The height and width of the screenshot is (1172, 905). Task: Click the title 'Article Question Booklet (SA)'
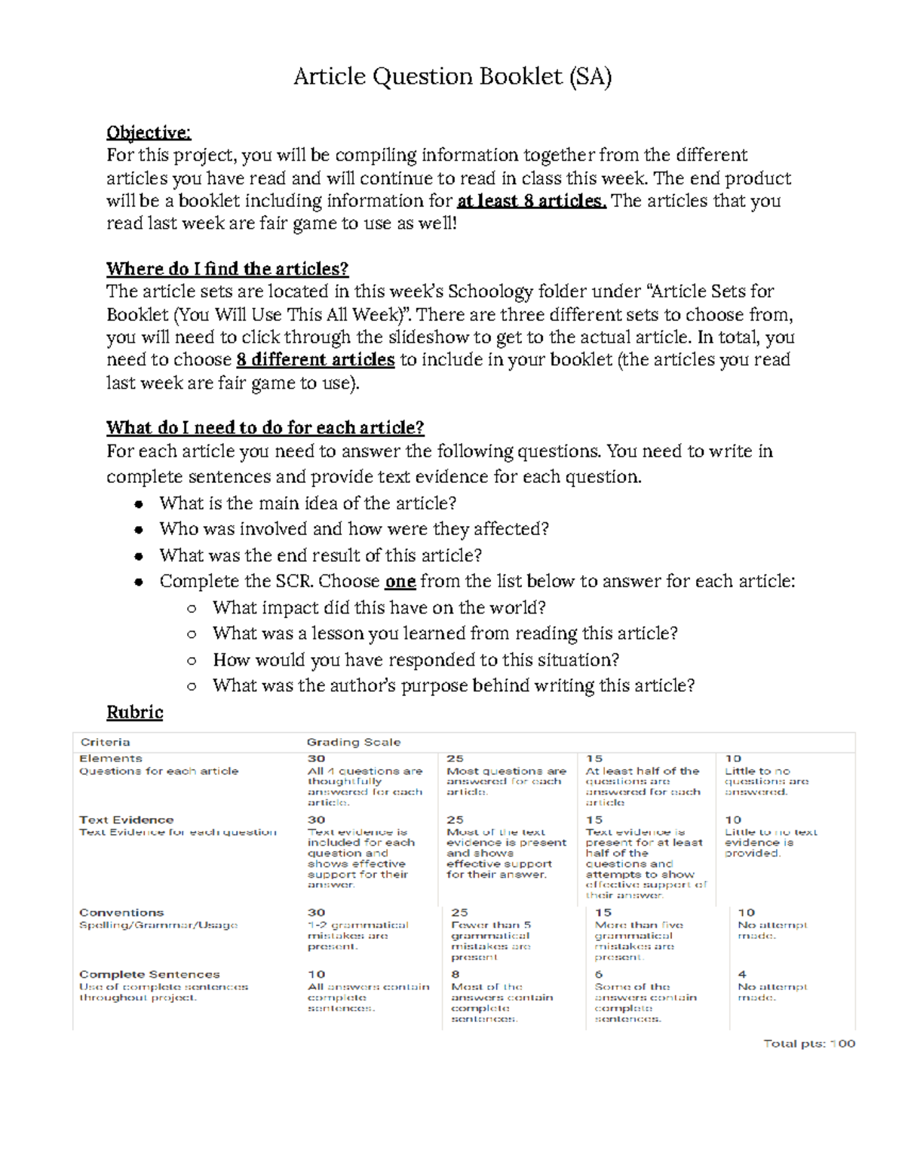point(452,76)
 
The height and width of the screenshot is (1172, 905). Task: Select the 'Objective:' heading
point(149,133)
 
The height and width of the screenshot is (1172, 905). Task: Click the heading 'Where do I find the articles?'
point(227,269)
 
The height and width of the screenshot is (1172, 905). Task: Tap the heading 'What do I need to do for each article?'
point(265,428)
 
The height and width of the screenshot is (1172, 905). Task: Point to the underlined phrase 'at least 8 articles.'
point(531,201)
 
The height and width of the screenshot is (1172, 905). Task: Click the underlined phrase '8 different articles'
point(315,360)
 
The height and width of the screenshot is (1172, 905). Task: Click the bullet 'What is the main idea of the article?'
point(308,503)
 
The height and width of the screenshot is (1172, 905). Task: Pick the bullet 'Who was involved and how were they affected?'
point(354,529)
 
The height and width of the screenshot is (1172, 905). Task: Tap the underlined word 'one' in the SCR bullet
point(400,581)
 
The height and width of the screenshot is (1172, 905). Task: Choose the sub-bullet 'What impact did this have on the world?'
point(379,608)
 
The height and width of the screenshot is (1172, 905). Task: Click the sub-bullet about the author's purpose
point(453,685)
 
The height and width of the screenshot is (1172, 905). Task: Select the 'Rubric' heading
point(134,712)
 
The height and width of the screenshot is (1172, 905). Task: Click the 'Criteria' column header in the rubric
point(105,743)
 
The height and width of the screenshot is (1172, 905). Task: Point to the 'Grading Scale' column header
point(353,743)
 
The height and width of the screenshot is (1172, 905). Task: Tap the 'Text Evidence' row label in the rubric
point(126,820)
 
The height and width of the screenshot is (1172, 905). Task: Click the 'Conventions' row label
point(121,912)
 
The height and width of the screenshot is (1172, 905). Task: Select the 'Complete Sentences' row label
point(149,974)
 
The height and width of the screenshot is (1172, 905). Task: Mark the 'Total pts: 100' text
point(808,1044)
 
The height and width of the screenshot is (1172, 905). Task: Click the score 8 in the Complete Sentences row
point(455,974)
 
